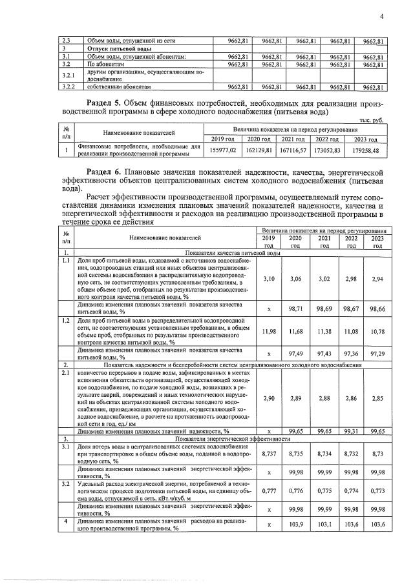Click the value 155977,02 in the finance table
pyautogui.click(x=224, y=150)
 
